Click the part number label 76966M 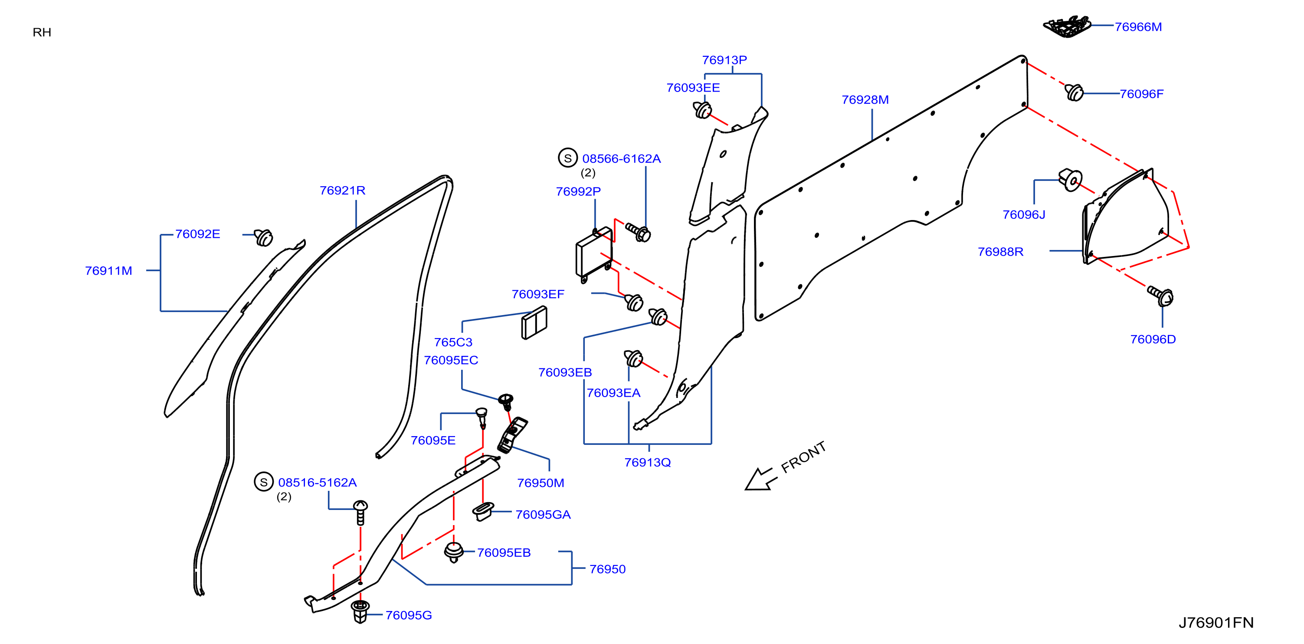1138,27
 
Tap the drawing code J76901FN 1216,622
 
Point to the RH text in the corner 42,33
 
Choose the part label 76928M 865,100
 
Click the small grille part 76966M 1067,26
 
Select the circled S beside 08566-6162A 567,158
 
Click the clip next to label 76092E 263,237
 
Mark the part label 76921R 342,191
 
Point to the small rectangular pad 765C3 534,322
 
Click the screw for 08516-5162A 360,513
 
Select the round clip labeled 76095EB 454,552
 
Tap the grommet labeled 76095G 360,611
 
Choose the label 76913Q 647,462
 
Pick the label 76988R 1000,252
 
